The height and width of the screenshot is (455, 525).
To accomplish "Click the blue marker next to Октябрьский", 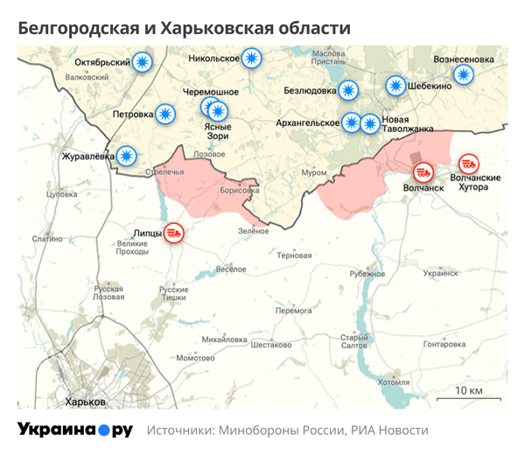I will coord(143,62).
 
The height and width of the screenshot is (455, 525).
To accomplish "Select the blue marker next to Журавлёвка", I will coord(127,156).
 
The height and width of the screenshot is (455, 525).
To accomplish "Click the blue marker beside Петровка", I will coord(164,114).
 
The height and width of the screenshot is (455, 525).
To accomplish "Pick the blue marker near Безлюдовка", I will coord(348,89).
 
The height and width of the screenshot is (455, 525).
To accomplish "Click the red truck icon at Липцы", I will coord(174,233).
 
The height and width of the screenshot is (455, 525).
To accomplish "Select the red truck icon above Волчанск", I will coord(423,172).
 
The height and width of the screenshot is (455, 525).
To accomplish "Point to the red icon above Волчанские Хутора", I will coord(468,163).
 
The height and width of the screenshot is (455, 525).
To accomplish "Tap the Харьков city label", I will coord(87,401).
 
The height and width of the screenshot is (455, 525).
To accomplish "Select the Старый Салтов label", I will coord(353,342).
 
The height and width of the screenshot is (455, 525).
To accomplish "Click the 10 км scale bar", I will coord(470,396).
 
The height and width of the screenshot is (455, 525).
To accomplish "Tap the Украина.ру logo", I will coord(75,430).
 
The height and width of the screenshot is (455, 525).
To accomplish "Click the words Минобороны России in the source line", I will coord(278,430).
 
